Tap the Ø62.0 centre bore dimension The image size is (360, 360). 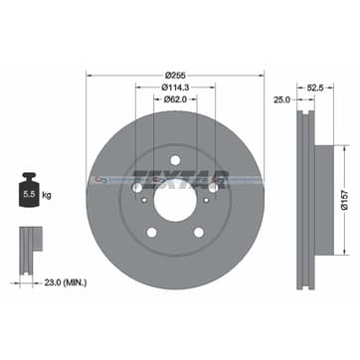pos(175,98)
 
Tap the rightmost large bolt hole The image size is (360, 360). pos(211,186)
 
